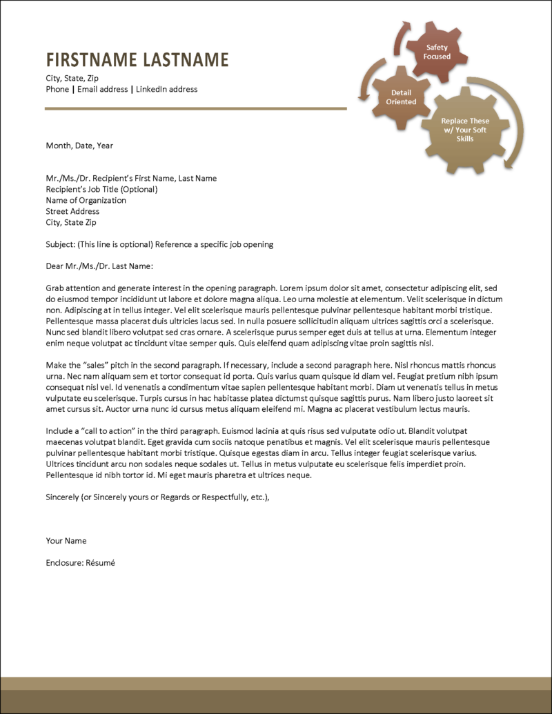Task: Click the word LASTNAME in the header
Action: pos(186,60)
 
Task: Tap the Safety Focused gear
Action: pos(437,52)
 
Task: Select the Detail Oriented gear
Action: pos(401,97)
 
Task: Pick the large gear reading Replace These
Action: pos(465,130)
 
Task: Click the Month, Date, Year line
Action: pos(79,146)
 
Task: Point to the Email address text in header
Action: pos(103,89)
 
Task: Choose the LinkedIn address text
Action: pos(166,89)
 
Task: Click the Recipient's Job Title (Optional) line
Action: pos(101,189)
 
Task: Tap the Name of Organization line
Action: pos(86,200)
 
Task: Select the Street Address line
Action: pos(72,211)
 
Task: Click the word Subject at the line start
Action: pos(59,244)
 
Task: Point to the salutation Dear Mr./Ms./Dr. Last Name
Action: pos(99,266)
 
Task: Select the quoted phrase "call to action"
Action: pos(106,430)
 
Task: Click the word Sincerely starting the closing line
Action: pos(63,497)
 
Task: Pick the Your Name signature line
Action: pos(66,541)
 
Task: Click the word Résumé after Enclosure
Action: pos(100,563)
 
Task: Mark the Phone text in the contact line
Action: pos(57,89)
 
